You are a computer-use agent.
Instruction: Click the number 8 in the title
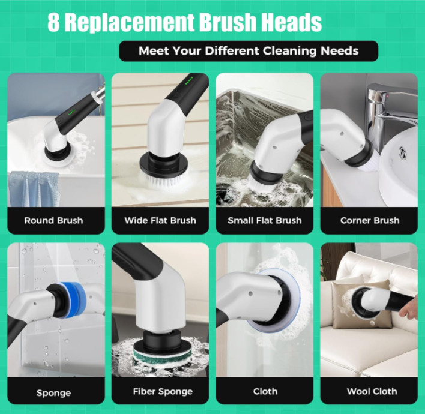pos(53,22)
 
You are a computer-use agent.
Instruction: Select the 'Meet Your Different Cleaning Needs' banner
pos(249,51)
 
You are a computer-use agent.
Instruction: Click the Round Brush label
pos(53,220)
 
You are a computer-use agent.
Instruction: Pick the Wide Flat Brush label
pos(160,220)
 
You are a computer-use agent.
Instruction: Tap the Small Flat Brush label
pos(265,220)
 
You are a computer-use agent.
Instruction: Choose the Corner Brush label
pos(370,220)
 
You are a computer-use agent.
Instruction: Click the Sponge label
pos(53,393)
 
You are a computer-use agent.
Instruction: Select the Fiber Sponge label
pos(163,392)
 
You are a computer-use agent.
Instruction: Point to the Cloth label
pos(265,391)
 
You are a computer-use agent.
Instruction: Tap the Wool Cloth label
pos(372,391)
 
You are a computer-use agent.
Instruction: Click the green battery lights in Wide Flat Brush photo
pos(189,80)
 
